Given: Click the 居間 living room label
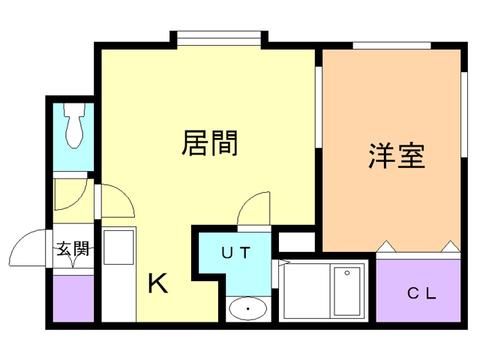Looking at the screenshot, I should coord(210,142).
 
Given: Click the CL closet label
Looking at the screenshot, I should coord(421,293).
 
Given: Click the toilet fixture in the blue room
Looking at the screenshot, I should coord(74,128).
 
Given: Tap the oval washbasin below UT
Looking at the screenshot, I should coord(247,308).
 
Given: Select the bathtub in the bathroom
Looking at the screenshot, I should coord(346,291).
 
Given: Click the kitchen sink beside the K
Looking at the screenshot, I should coord(117,247).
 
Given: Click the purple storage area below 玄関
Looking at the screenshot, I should coord(73,298).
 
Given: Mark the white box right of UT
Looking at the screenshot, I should coord(296,242).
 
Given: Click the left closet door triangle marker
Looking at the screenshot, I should coord(385,246).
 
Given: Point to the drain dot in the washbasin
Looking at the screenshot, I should coord(247,309).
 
